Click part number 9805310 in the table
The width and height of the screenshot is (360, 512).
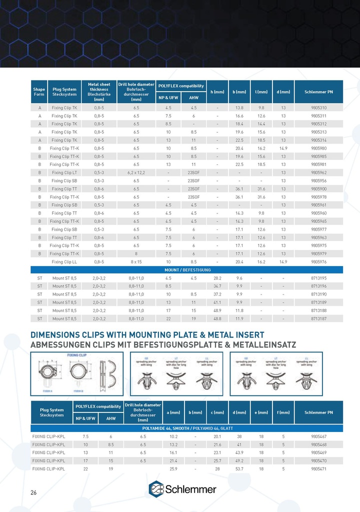(318, 107)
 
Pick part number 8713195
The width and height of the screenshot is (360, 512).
(318, 277)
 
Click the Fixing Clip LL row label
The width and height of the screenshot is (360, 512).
(64, 261)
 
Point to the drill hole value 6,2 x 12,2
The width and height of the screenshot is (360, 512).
(136, 172)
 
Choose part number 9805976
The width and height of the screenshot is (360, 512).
(318, 261)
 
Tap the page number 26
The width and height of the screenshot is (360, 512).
(33, 493)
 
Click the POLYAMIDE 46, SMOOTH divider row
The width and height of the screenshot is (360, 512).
(187, 428)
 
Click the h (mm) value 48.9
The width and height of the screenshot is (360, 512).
(217, 310)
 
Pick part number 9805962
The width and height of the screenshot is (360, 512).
(318, 172)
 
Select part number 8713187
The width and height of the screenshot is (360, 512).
(318, 318)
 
